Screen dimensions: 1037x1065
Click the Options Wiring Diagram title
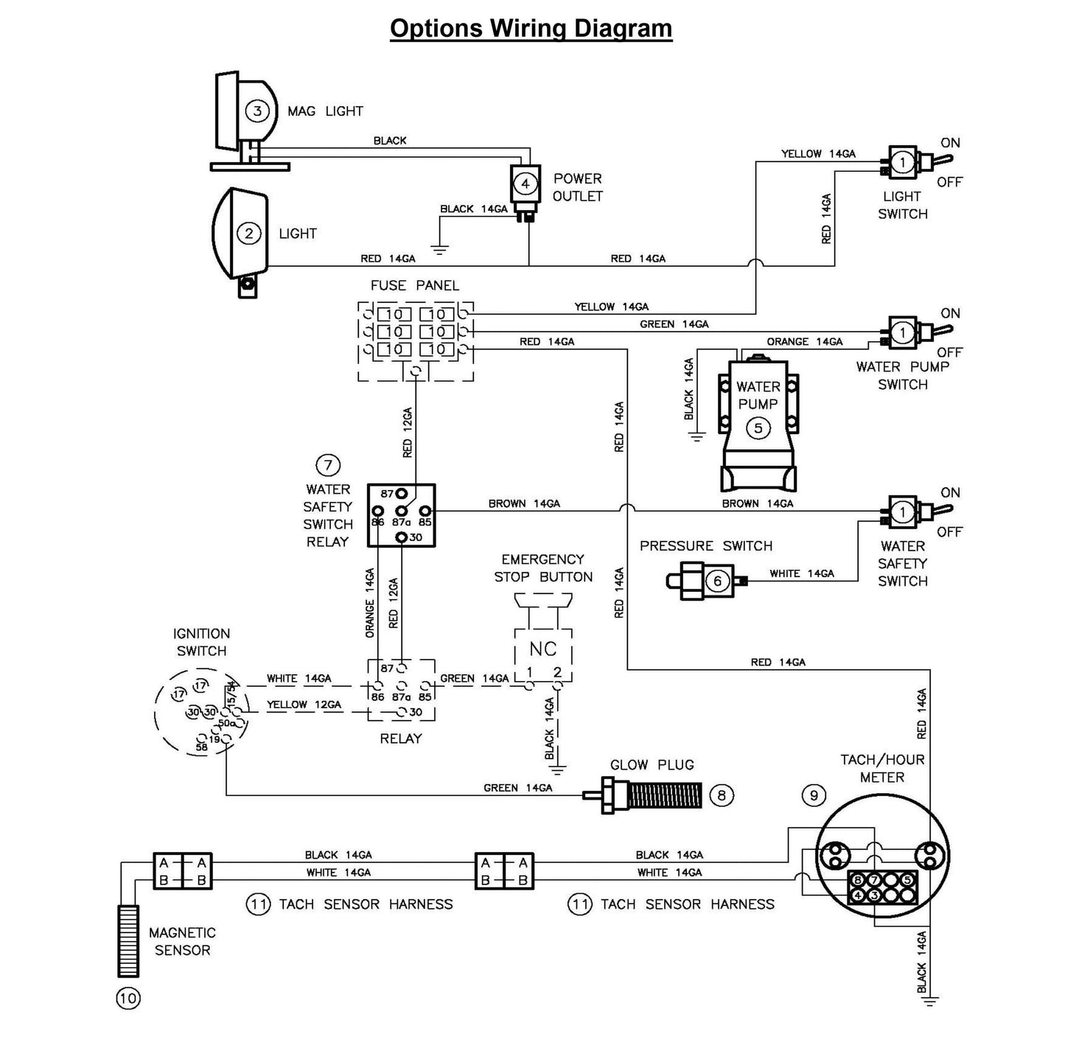tap(531, 29)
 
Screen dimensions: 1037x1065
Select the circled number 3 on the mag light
tap(257, 111)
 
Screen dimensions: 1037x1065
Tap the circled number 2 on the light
tap(248, 234)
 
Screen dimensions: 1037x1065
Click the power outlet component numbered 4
tap(525, 184)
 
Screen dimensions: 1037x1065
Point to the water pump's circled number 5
tap(758, 427)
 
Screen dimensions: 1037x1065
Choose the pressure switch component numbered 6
tap(717, 581)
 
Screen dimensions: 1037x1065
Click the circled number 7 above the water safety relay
tap(327, 465)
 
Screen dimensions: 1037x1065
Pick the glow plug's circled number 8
tap(721, 795)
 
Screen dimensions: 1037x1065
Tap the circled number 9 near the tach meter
tap(814, 795)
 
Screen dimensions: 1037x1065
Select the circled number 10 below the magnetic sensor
tap(128, 999)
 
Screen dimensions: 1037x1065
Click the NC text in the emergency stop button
tap(543, 649)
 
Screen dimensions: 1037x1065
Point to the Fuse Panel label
tap(414, 285)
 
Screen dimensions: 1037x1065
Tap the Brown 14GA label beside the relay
tap(524, 503)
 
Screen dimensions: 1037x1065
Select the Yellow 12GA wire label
tap(304, 705)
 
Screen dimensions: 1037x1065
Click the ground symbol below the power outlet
tap(439, 250)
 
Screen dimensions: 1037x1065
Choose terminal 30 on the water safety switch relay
tap(402, 537)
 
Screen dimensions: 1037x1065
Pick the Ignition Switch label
tap(201, 642)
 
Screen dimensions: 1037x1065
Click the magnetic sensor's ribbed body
tap(128, 940)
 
